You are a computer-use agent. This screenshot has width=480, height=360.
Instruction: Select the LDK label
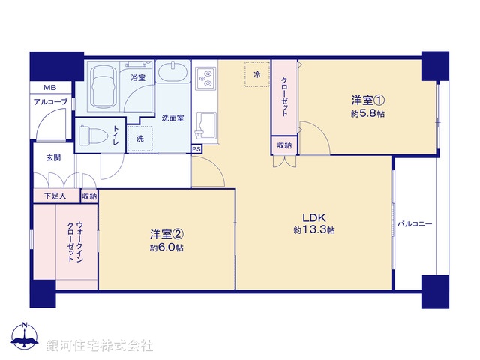tap(313, 215)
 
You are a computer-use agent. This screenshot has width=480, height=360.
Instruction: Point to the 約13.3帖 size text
tap(314, 229)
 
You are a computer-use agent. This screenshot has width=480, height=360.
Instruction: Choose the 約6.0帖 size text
tap(166, 248)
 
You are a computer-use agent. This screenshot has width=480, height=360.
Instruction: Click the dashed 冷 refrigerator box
tap(256, 75)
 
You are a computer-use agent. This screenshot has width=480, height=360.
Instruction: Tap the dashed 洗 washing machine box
tap(140, 139)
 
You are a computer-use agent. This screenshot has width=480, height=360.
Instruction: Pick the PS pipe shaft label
tap(196, 149)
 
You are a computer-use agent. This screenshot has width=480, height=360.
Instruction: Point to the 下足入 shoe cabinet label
tap(54, 196)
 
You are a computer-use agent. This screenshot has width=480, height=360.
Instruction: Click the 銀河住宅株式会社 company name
tap(100, 344)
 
